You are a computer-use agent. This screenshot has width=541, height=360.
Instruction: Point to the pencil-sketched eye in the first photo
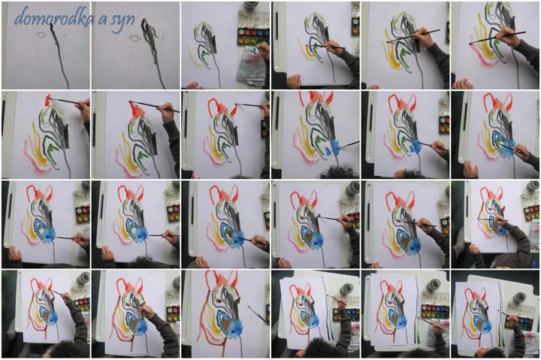41,35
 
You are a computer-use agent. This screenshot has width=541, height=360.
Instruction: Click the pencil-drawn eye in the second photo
134,38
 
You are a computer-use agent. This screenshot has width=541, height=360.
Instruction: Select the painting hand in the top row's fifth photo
424,39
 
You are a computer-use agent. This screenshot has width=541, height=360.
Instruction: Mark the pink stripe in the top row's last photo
482,55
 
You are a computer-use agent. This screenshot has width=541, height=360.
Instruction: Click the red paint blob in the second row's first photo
47,99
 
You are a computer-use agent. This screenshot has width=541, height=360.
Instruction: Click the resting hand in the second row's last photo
470,168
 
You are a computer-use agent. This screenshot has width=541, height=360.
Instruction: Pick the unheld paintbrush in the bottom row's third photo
258,315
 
